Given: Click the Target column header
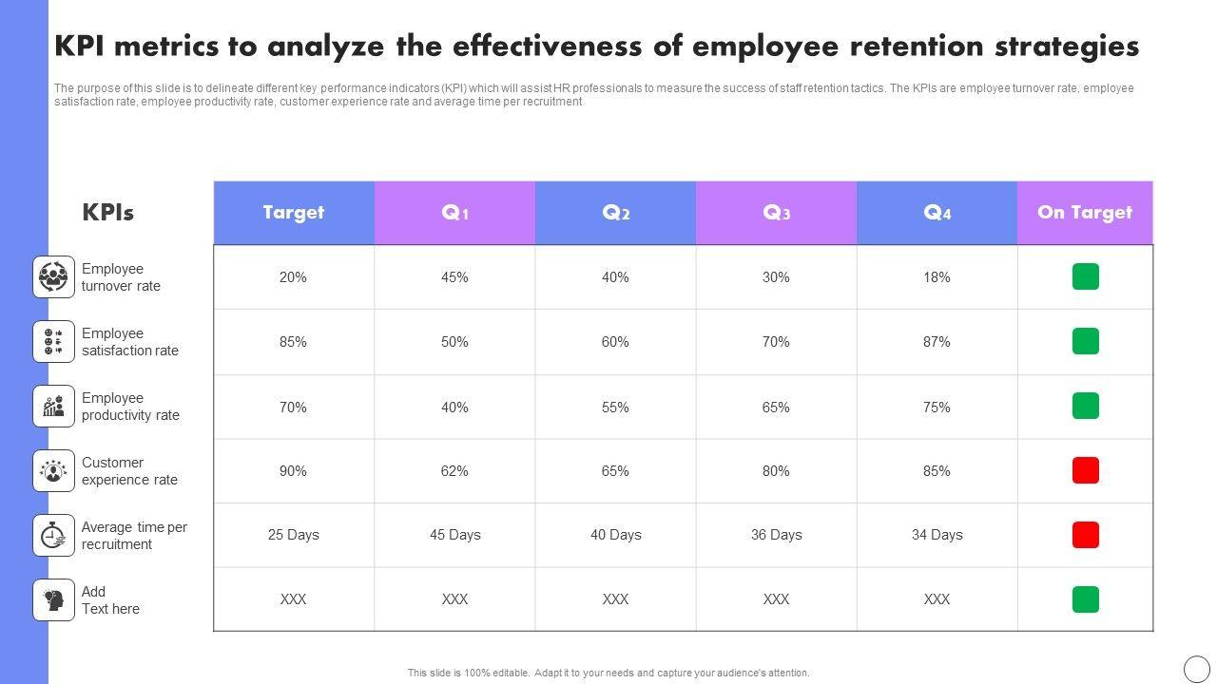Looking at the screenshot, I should (x=294, y=213).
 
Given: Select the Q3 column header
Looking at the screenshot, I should (x=777, y=213).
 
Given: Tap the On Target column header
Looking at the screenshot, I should (x=1085, y=213).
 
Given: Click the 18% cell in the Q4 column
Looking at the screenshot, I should (x=937, y=277).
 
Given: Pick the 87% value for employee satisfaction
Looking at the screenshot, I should (x=937, y=342).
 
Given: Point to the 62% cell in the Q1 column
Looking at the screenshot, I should (x=454, y=471).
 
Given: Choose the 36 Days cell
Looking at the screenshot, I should (x=777, y=535).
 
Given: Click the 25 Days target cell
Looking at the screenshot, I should (x=294, y=535).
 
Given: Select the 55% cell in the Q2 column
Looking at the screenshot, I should (x=615, y=407).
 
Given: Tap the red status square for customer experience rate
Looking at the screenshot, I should (x=1085, y=470).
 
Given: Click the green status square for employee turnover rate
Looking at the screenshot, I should (x=1085, y=276).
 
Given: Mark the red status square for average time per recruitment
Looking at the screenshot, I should (x=1085, y=535).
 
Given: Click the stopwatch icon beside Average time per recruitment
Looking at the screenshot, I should (x=54, y=536).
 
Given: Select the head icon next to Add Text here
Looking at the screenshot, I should (x=54, y=600).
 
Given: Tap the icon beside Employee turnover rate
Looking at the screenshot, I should (x=54, y=277).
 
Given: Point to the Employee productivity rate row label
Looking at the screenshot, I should (x=130, y=407).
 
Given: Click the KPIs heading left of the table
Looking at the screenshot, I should (x=107, y=213).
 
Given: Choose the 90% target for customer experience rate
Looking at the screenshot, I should (x=294, y=471).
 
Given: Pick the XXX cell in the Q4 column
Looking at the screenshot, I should (x=937, y=599).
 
